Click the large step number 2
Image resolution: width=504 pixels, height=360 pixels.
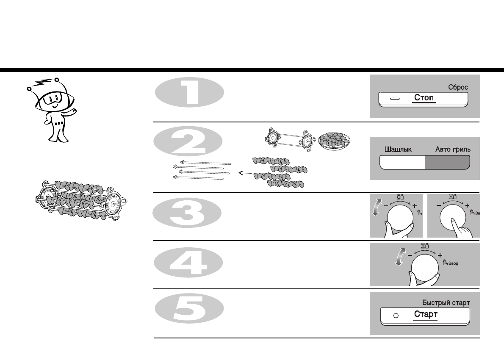tap(188, 142)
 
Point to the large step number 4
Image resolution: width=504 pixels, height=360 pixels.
tap(188, 264)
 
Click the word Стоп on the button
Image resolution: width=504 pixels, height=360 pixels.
tap(424, 98)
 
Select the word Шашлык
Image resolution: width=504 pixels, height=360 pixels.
tap(398, 149)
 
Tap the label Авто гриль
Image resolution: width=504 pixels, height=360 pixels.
tap(452, 149)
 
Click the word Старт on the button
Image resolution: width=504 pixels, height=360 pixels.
tap(426, 315)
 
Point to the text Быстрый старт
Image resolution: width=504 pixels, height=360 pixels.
tap(446, 303)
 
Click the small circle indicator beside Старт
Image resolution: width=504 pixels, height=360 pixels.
tap(396, 316)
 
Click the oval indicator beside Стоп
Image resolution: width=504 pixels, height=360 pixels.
tap(395, 99)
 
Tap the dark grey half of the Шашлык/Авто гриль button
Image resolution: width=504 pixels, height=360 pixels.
tap(447, 162)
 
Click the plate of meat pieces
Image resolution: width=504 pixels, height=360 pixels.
tap(335, 140)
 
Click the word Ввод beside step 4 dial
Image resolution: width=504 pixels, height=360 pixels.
tap(452, 263)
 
